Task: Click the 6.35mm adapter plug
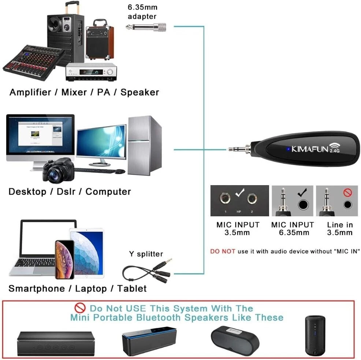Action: click(x=146, y=26)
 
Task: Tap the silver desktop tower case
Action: click(x=144, y=145)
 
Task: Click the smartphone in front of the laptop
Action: click(x=64, y=259)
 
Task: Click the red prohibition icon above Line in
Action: click(x=347, y=192)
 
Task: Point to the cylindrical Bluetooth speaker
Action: click(x=315, y=335)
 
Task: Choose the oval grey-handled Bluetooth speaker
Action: click(x=235, y=338)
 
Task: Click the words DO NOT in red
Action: click(x=223, y=251)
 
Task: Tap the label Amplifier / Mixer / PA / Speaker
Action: click(x=84, y=92)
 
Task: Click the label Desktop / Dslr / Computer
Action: click(x=70, y=191)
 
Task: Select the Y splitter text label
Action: click(x=146, y=254)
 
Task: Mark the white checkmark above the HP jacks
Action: click(x=240, y=192)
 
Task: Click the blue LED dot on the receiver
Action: click(x=289, y=149)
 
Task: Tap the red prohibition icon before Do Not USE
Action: click(x=80, y=308)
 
